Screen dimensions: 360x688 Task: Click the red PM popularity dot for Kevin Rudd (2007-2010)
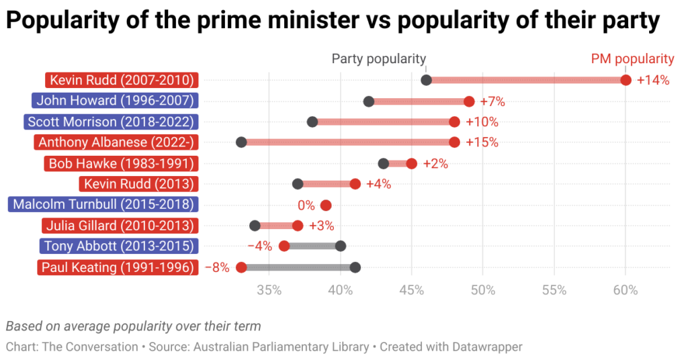626,81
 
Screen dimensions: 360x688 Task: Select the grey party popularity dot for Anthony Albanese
241,142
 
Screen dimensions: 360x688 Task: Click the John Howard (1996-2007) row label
115,101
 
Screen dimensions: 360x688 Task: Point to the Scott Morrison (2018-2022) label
111,122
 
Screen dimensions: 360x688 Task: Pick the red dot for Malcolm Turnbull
326,205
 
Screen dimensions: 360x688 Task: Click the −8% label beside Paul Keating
216,267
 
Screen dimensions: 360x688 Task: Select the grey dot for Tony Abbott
341,246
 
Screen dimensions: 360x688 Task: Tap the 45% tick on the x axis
412,290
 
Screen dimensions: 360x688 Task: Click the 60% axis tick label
626,290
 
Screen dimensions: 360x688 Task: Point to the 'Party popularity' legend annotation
379,59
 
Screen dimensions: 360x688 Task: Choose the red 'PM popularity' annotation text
632,59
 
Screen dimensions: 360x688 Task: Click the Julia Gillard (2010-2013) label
118,226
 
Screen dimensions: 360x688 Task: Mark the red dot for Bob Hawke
412,163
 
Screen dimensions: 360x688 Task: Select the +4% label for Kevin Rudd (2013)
378,184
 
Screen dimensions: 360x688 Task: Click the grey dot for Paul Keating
355,267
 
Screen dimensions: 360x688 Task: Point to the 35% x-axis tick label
269,290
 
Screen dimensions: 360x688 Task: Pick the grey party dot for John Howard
369,101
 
